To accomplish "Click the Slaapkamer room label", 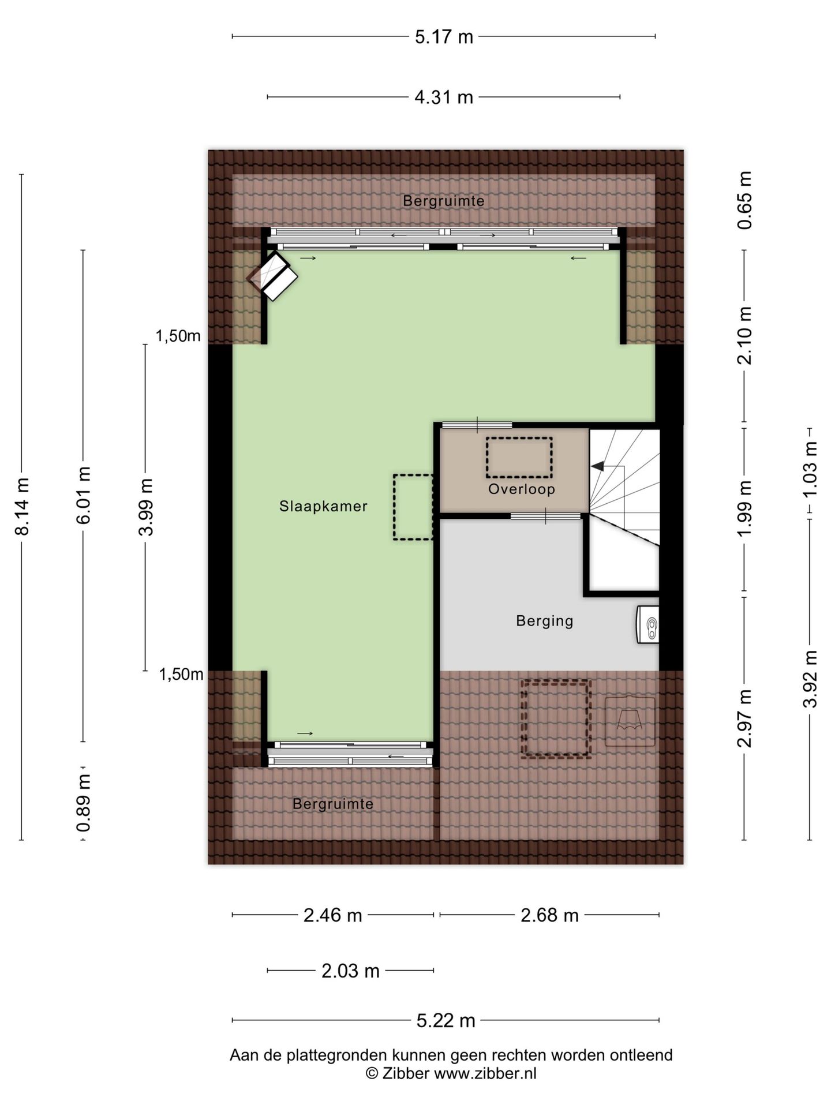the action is click(x=323, y=506).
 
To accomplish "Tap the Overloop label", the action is click(x=522, y=489).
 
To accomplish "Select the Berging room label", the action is click(x=544, y=621).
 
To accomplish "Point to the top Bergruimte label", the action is click(x=443, y=201).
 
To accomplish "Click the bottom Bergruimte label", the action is click(x=333, y=803).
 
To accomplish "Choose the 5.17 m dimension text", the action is click(x=444, y=37).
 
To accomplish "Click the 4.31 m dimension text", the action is click(x=444, y=97).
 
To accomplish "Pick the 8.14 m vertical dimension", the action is click(x=22, y=506).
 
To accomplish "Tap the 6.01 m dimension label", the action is click(x=84, y=495).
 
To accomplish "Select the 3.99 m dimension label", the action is click(x=146, y=507).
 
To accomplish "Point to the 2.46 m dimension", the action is click(x=333, y=915).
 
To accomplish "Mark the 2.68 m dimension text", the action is click(x=549, y=915).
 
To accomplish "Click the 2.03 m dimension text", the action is click(x=350, y=971).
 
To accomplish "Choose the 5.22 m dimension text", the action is click(x=446, y=1021).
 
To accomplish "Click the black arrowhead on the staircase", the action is click(x=597, y=466).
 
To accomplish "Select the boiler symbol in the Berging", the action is click(x=647, y=624).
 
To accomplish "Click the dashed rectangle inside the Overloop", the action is click(x=519, y=458).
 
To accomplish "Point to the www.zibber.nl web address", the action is click(x=485, y=1073).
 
